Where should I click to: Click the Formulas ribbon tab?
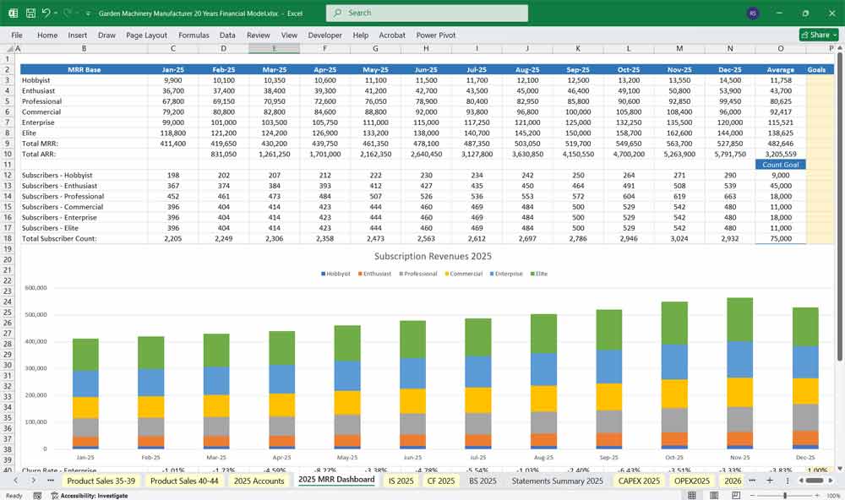(194, 35)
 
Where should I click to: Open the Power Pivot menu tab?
(435, 35)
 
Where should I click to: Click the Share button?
(815, 35)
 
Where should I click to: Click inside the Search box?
(427, 13)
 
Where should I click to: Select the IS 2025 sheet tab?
(401, 481)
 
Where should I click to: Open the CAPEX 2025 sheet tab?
(639, 481)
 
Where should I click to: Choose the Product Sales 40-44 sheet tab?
(183, 481)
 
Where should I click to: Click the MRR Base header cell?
(84, 69)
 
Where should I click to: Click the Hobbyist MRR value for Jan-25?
(172, 80)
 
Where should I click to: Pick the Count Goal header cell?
(780, 165)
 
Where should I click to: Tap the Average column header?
(780, 69)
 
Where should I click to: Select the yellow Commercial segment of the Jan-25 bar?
(85, 407)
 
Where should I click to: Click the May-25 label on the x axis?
(347, 456)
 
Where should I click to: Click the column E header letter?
(274, 48)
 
